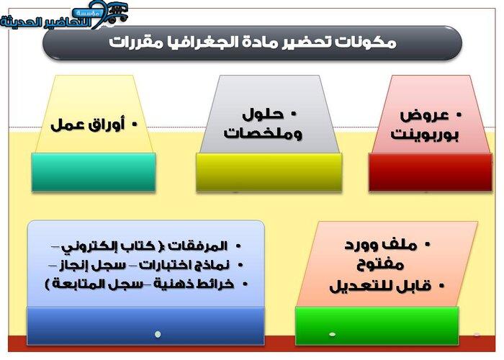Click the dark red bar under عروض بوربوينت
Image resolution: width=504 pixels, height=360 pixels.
[431, 172]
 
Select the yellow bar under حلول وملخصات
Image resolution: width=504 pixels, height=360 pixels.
[269, 172]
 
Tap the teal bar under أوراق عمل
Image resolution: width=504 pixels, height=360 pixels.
[94, 172]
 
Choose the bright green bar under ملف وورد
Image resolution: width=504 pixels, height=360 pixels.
[377, 325]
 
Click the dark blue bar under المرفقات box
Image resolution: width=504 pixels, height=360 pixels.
[145, 325]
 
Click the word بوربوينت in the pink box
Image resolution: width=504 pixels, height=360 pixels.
[425, 134]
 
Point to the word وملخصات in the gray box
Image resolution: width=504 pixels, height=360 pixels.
[263, 132]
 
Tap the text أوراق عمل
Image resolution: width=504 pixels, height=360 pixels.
[87, 125]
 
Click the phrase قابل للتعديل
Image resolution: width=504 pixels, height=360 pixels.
[380, 286]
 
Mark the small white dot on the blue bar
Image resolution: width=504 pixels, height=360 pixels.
[158, 334]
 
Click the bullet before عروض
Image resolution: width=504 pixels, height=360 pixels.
[459, 115]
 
